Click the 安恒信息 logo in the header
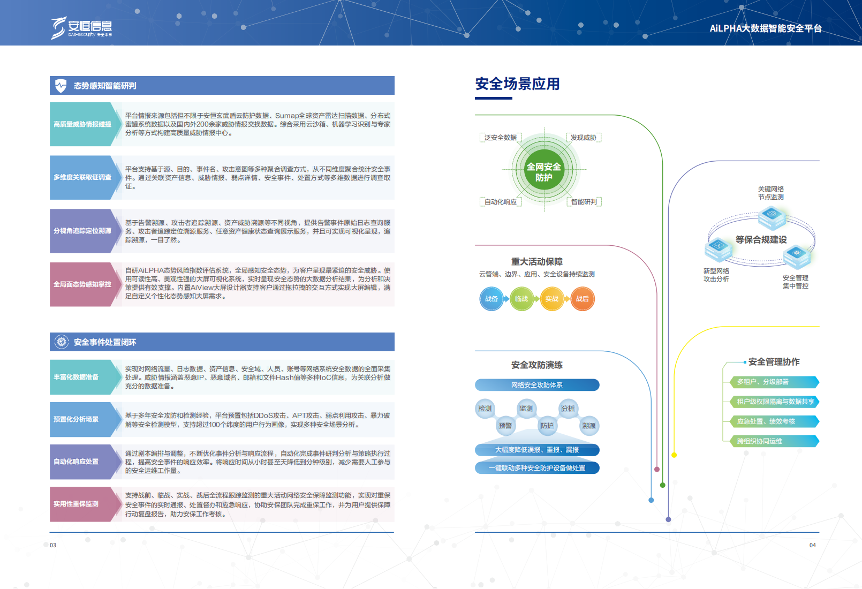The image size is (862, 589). pos(81,27)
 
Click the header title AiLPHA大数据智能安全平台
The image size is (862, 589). pos(765,28)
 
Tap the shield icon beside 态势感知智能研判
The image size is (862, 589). pos(61,86)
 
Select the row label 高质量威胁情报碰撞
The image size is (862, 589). pos(82,124)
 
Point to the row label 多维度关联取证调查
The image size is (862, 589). pos(82,177)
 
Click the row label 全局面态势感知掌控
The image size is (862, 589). pos(82,284)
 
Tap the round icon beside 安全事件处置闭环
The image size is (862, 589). pos(62,342)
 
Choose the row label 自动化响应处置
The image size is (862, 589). pos(76,462)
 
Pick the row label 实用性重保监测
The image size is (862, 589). pos(76,504)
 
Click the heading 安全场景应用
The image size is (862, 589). pos(517,84)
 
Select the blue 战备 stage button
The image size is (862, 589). pos(492,299)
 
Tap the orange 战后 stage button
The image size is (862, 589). pos(583,299)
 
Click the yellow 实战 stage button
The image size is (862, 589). pos(552,299)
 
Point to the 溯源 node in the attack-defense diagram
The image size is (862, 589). pos(589,426)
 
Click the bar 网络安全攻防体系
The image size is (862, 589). pos(536,385)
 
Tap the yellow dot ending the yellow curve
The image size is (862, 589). pos(674,455)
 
